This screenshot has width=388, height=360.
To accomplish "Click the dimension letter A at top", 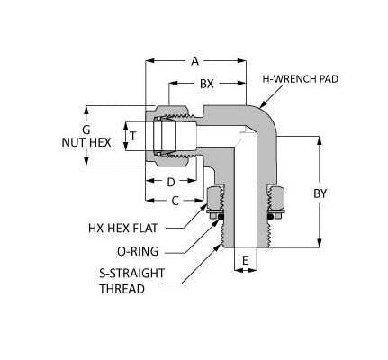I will pos(195,61).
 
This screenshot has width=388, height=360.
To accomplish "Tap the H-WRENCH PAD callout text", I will pos(300,79).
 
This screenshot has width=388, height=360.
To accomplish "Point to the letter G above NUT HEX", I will pos(86,128).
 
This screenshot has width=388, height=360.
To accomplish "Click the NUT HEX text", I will pos(86,142).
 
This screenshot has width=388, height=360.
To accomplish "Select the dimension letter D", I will pos(171,182).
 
